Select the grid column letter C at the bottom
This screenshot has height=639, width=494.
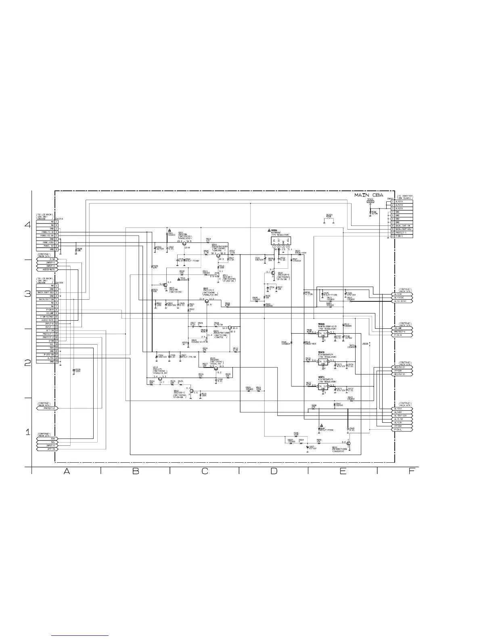[x=205, y=471]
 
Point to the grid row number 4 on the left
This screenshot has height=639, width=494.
[x=27, y=225]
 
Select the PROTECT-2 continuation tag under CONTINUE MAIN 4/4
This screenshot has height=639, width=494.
[x=48, y=408]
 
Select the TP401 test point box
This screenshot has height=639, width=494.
[x=370, y=201]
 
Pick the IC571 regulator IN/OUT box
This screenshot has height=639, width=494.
[x=323, y=388]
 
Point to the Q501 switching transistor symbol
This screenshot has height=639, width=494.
[x=184, y=244]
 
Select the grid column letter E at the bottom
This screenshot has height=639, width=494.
[x=343, y=471]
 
